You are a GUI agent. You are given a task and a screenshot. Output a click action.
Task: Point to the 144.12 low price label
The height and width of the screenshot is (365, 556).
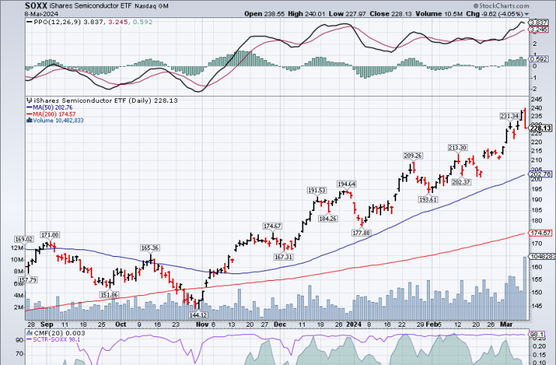(x=199, y=315)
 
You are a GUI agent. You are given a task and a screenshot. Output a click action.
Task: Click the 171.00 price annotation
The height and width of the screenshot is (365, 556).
(x=50, y=235)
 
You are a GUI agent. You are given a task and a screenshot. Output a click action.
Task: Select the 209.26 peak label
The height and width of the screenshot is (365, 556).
(x=413, y=155)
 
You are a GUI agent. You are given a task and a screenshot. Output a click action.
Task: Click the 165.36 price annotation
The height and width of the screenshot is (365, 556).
(x=150, y=248)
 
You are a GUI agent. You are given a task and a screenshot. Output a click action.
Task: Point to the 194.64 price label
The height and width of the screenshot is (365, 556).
(x=347, y=184)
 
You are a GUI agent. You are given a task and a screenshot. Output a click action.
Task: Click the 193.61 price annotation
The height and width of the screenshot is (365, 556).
(x=428, y=200)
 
